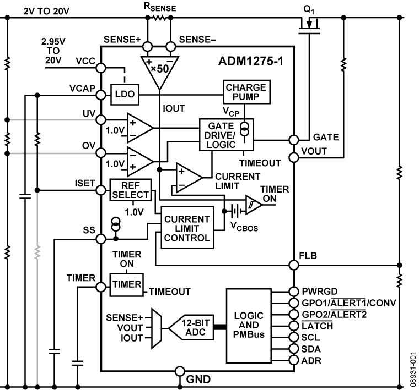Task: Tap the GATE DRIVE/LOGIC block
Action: click(x=226, y=134)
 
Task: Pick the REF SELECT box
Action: click(x=130, y=190)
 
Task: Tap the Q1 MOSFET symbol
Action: click(x=310, y=26)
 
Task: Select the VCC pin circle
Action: click(x=101, y=68)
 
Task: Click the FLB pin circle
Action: click(x=293, y=265)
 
